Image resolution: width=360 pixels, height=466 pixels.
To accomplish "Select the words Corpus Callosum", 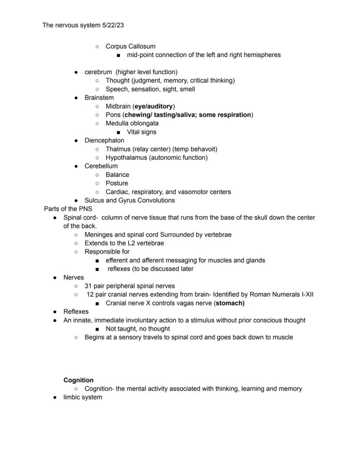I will click(x=130, y=47).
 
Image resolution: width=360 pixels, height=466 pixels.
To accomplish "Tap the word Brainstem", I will click(x=99, y=98).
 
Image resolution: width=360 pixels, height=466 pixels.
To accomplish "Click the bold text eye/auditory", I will click(x=154, y=107).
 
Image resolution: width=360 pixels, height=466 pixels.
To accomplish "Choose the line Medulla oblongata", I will click(x=132, y=124).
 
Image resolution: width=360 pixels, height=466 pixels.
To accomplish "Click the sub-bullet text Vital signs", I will click(x=141, y=132).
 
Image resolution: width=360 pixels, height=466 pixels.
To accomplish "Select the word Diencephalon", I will click(x=104, y=141).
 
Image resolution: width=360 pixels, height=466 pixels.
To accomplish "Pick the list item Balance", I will click(x=117, y=175).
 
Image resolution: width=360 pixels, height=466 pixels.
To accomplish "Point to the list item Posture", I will click(x=117, y=183).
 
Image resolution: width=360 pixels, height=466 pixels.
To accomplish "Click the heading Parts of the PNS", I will click(x=68, y=209).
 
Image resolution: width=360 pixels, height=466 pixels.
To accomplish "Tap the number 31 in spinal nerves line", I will click(x=88, y=286).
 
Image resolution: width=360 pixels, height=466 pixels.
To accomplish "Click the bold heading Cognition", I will click(x=78, y=380).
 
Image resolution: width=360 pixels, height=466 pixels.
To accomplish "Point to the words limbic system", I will click(x=83, y=397).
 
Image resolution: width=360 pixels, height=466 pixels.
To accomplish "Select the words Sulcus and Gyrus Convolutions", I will click(x=130, y=201).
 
